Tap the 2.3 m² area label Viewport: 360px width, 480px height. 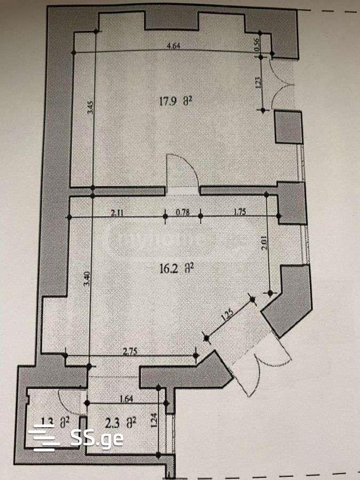point(121,423)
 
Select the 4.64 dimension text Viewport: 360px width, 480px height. point(173,46)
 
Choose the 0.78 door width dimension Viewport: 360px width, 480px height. point(183,212)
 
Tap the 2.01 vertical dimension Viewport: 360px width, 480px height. point(266,244)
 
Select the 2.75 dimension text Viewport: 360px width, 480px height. point(131,351)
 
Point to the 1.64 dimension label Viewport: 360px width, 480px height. point(126,398)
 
